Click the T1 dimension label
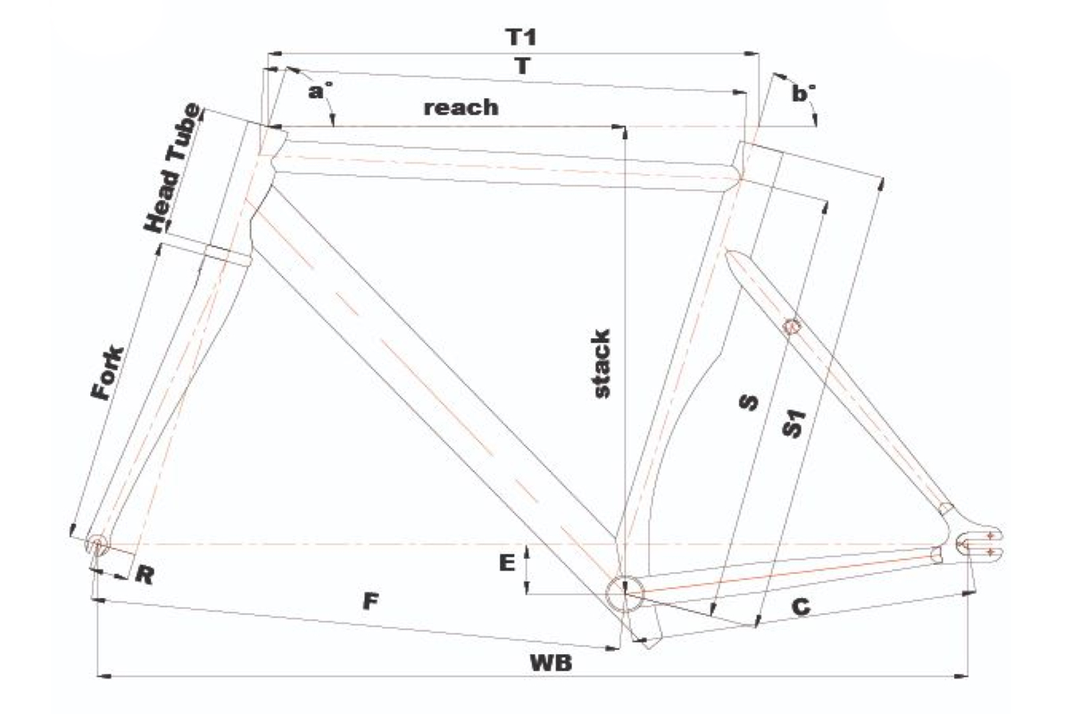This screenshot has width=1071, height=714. click(520, 37)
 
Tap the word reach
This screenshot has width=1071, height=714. click(461, 108)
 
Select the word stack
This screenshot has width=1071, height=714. click(602, 363)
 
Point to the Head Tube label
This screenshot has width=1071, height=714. click(172, 168)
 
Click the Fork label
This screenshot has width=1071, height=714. click(108, 373)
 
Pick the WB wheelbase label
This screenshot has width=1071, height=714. click(551, 663)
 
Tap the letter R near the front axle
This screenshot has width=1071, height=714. click(144, 575)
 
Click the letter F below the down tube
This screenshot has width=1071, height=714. click(370, 602)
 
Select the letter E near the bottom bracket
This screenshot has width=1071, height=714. click(507, 562)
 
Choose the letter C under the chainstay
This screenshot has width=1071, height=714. click(801, 607)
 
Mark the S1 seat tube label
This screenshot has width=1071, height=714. click(793, 423)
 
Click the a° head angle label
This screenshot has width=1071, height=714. click(320, 90)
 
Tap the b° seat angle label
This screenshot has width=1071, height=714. click(804, 93)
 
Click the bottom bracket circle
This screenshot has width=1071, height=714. click(625, 594)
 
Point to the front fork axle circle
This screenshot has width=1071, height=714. click(97, 544)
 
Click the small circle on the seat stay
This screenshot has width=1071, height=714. click(792, 326)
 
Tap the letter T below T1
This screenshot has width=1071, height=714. click(523, 66)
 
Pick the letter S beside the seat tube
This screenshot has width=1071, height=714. click(749, 403)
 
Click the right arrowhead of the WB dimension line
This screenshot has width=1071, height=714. click(961, 677)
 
